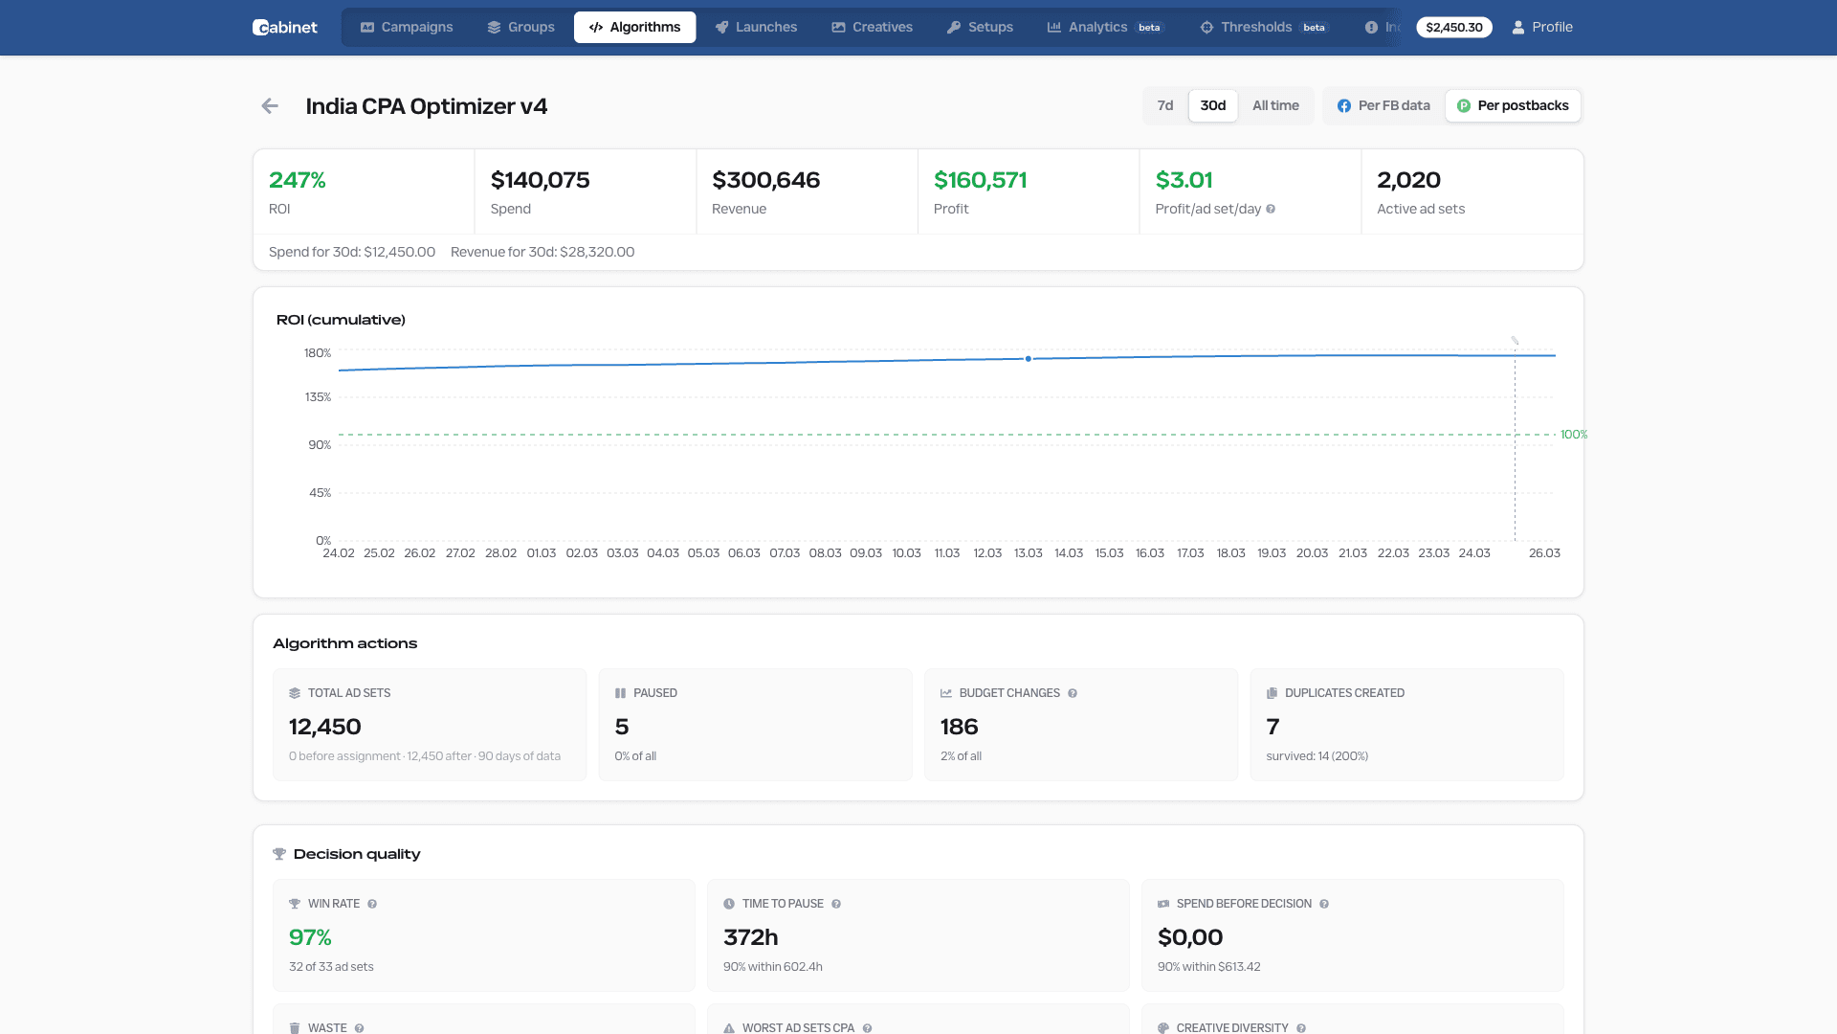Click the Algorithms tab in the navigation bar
(x=634, y=27)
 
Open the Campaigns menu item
(x=407, y=27)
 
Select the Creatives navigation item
(x=872, y=27)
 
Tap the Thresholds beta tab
(x=1264, y=27)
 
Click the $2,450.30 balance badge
(x=1453, y=27)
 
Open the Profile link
(x=1542, y=27)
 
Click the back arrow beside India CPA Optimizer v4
(x=270, y=106)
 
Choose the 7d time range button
(x=1164, y=105)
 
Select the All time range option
(x=1275, y=105)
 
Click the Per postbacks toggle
(x=1513, y=105)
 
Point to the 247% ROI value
(x=298, y=180)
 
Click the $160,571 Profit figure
(x=980, y=180)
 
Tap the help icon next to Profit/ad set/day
(x=1271, y=209)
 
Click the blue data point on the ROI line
(x=1029, y=359)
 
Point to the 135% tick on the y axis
(x=318, y=397)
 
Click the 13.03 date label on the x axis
(x=1028, y=553)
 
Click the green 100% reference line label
(x=1573, y=435)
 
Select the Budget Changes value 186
(x=959, y=727)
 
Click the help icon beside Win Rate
(x=372, y=904)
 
